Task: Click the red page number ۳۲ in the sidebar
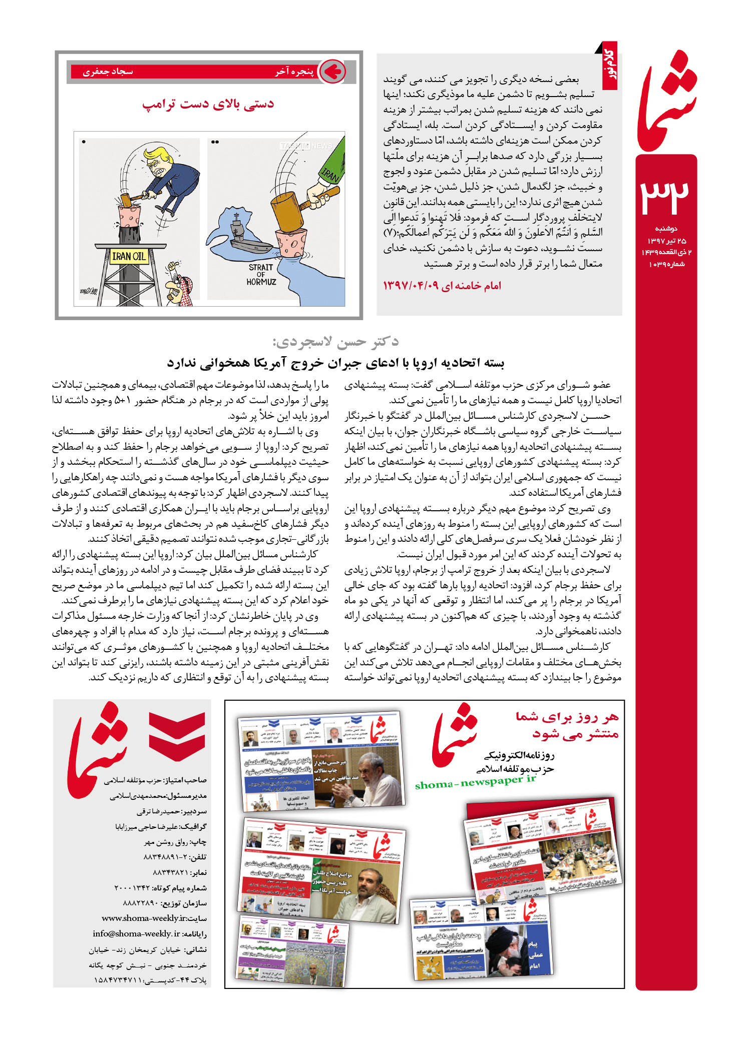tap(665, 196)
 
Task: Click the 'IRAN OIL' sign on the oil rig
tap(129, 257)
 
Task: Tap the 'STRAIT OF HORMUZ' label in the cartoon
tap(261, 275)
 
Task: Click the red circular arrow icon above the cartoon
tap(332, 72)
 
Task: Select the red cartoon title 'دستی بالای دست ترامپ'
tap(208, 104)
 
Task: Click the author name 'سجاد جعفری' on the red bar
tap(108, 72)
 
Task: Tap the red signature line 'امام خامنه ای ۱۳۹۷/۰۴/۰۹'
tap(442, 286)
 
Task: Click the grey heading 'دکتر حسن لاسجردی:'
tap(335, 342)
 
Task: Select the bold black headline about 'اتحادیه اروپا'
tap(335, 363)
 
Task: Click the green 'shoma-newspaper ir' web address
tap(475, 782)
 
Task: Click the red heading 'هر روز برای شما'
tap(567, 717)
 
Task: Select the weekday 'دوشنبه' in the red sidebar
tap(666, 229)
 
